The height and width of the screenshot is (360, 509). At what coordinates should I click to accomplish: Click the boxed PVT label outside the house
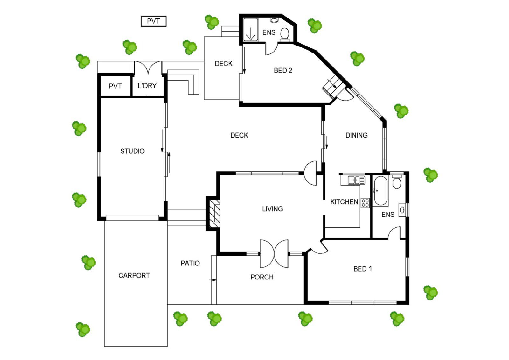pyautogui.click(x=153, y=21)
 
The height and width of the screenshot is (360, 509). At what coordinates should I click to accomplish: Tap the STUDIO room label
pyautogui.click(x=132, y=151)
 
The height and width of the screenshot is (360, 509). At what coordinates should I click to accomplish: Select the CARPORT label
pyautogui.click(x=134, y=276)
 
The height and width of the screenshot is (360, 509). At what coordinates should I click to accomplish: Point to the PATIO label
pyautogui.click(x=190, y=263)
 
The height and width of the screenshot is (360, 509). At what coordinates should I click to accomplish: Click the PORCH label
pyautogui.click(x=262, y=277)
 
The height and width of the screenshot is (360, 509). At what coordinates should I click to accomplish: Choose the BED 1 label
pyautogui.click(x=363, y=269)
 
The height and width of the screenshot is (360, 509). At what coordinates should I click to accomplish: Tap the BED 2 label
pyautogui.click(x=283, y=70)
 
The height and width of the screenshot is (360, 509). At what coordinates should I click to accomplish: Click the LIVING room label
pyautogui.click(x=272, y=209)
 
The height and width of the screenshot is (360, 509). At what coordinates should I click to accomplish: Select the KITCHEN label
pyautogui.click(x=344, y=202)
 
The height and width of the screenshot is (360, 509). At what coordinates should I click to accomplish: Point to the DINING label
pyautogui.click(x=357, y=135)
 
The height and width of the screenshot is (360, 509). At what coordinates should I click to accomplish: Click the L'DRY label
pyautogui.click(x=147, y=86)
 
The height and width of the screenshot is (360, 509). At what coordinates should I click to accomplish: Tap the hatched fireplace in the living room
pyautogui.click(x=214, y=213)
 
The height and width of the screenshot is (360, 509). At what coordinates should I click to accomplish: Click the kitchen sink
pyautogui.click(x=356, y=180)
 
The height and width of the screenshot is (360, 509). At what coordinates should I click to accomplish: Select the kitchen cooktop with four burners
pyautogui.click(x=365, y=203)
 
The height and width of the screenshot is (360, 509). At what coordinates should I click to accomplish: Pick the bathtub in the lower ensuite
pyautogui.click(x=380, y=191)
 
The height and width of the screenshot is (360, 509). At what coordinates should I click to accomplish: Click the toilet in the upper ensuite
pyautogui.click(x=284, y=35)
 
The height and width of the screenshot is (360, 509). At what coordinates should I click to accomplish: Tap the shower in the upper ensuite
pyautogui.click(x=251, y=30)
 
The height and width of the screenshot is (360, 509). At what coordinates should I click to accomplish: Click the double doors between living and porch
pyautogui.click(x=274, y=254)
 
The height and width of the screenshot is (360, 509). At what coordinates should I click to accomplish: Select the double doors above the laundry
pyautogui.click(x=148, y=67)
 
